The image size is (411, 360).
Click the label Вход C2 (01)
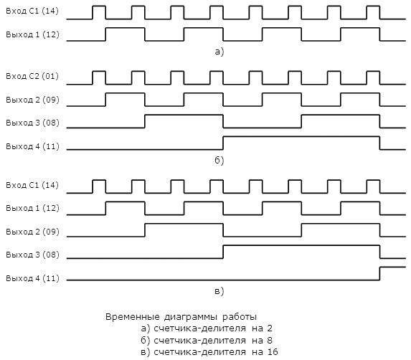pos(32,76)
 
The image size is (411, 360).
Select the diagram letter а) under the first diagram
pos(219,52)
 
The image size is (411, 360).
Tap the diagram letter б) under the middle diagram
pos(219,160)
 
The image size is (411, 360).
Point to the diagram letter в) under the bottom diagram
pos(219,291)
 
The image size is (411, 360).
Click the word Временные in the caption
pos(133,317)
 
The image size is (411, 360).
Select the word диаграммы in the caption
pos(191,317)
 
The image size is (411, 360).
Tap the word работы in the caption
pos(240,317)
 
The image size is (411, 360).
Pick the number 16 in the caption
pos(273,352)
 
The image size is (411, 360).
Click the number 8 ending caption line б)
pos(270,341)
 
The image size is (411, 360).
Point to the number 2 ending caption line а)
pos(270,328)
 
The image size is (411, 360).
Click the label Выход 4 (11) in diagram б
pos(32,146)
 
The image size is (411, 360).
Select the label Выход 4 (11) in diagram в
pos(32,278)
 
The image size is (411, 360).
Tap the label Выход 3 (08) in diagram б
pos(32,123)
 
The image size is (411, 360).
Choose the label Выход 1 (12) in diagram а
pos(32,34)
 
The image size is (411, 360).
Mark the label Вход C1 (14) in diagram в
pos(32,185)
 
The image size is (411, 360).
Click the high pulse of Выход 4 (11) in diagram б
pos(301,136)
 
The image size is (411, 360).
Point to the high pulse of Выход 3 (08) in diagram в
pos(301,245)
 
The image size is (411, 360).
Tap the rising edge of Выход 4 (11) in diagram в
pos(380,273)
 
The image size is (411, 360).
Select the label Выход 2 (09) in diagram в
pos(32,232)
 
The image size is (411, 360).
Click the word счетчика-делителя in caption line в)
pos(199,352)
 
